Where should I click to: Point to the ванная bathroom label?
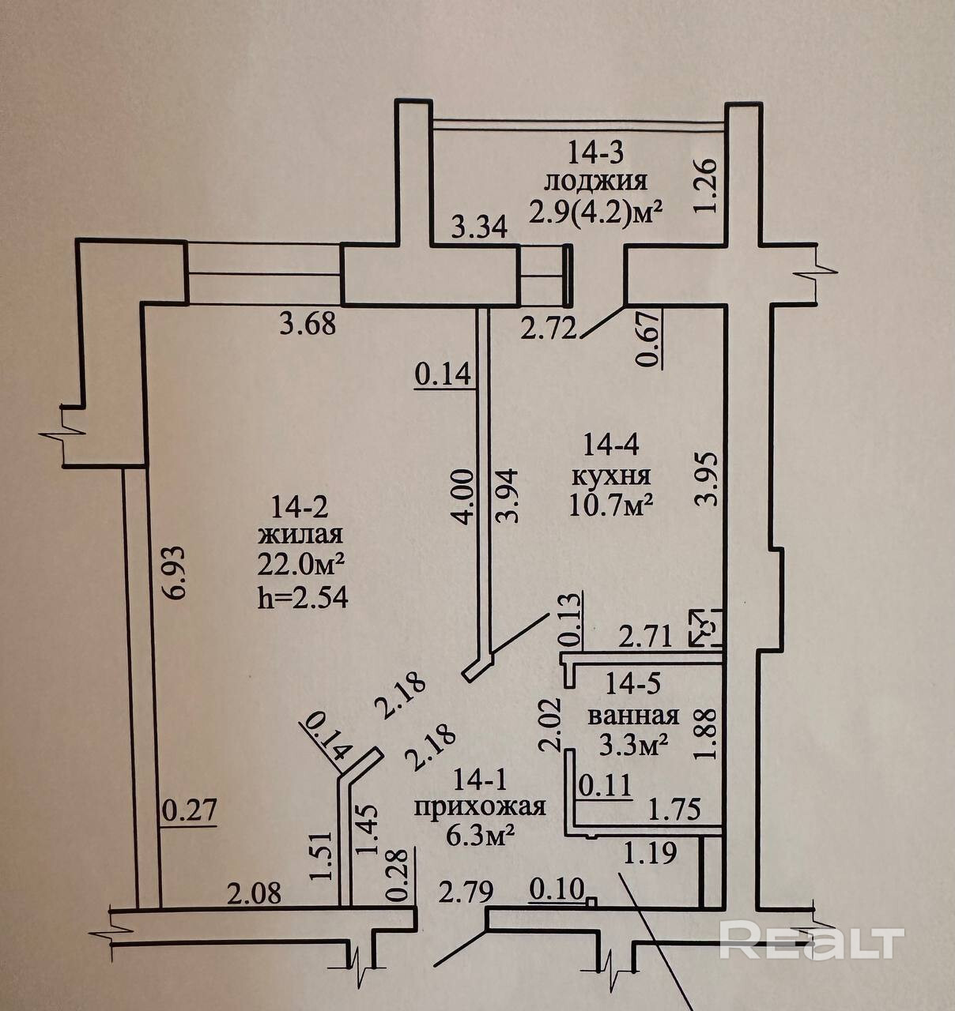coord(634,716)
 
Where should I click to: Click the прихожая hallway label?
coord(481,806)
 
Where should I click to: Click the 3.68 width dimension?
coord(308,324)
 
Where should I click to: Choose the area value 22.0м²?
coord(300,565)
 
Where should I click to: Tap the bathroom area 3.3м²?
coord(635,743)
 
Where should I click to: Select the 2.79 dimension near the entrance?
coord(466,893)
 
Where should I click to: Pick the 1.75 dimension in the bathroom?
coord(674,810)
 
